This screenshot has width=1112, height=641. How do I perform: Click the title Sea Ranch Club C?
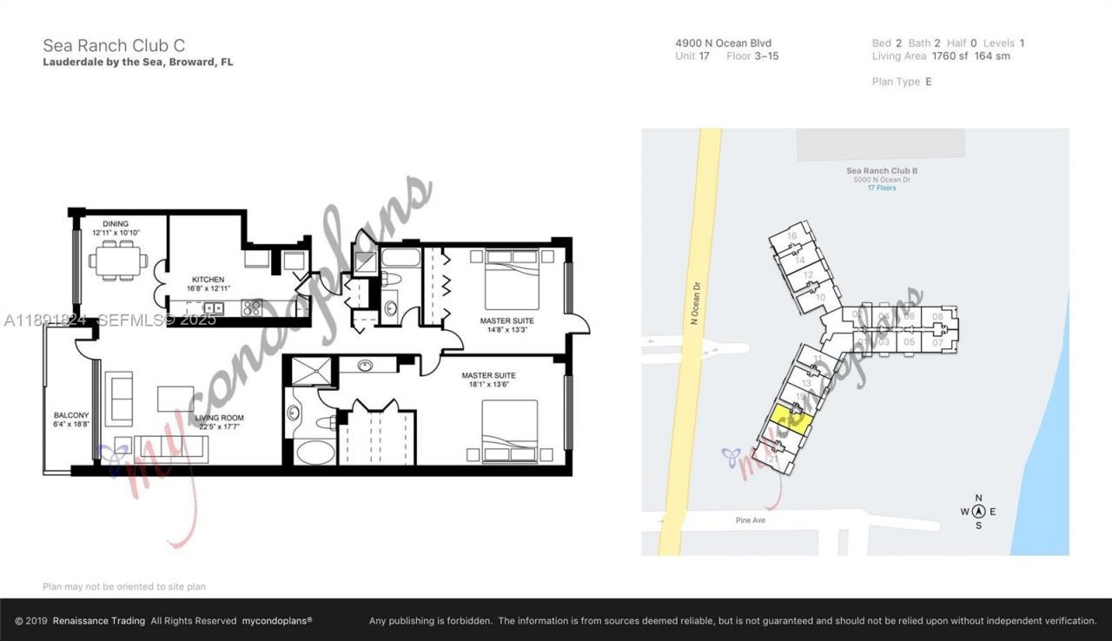[114, 45]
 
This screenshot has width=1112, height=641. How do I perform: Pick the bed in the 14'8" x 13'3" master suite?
[511, 278]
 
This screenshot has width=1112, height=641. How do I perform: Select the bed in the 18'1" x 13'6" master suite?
[510, 431]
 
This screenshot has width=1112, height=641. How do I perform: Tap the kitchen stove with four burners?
[251, 307]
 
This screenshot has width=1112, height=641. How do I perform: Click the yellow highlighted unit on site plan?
[791, 420]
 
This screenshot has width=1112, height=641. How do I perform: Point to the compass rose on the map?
[978, 512]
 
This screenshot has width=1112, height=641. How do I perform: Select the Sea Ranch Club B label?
[881, 171]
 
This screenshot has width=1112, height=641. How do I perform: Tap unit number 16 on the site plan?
[791, 236]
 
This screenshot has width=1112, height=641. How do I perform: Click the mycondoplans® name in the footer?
[276, 621]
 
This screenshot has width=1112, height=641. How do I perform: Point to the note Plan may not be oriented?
[124, 587]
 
